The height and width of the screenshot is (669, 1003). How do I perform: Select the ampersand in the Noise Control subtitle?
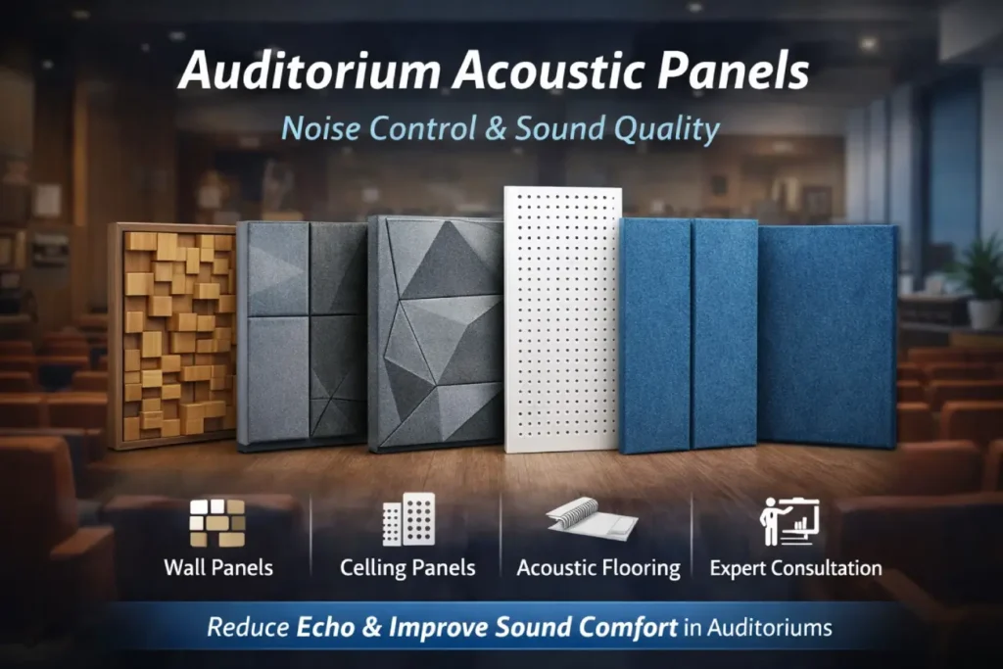tap(497, 129)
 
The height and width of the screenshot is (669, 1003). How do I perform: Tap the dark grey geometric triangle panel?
tap(435, 333)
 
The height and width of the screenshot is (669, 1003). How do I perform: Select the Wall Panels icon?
tap(217, 522)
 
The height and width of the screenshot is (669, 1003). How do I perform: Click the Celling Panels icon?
tap(408, 519)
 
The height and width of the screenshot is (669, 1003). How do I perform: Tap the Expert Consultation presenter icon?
tap(789, 520)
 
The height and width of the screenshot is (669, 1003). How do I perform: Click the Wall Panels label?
tap(218, 568)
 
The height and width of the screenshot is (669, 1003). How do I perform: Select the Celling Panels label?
tap(407, 568)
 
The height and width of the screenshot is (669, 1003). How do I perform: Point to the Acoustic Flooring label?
tap(598, 568)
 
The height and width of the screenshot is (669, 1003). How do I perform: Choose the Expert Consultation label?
tap(795, 568)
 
